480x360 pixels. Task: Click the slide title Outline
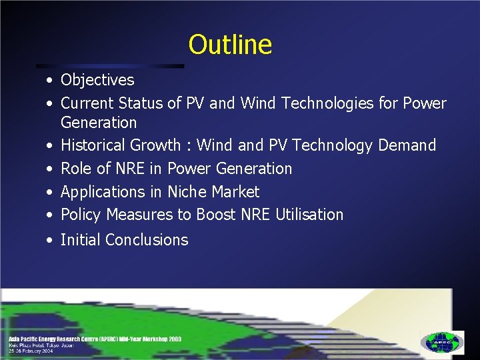[x=230, y=45]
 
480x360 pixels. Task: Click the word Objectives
[x=97, y=81]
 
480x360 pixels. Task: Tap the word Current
[x=87, y=103]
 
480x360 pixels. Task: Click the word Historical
[x=93, y=145]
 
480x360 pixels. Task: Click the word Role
[x=75, y=169]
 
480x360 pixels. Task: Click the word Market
[x=235, y=192]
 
